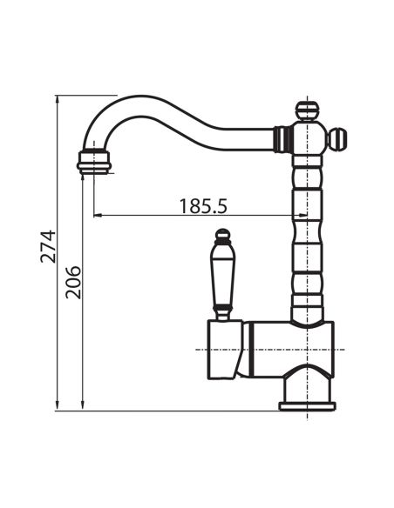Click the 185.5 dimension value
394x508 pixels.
pos(203,206)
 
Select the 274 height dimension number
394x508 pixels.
pos(48,246)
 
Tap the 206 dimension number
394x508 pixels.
pos(73,282)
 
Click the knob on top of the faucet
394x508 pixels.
pos(307,110)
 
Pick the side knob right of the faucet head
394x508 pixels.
pos(337,139)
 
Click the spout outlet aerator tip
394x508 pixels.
pos(94,162)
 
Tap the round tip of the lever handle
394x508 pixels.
pos(223,234)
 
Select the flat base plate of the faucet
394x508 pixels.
pos(307,406)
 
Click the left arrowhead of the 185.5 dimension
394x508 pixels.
pos(98,215)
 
